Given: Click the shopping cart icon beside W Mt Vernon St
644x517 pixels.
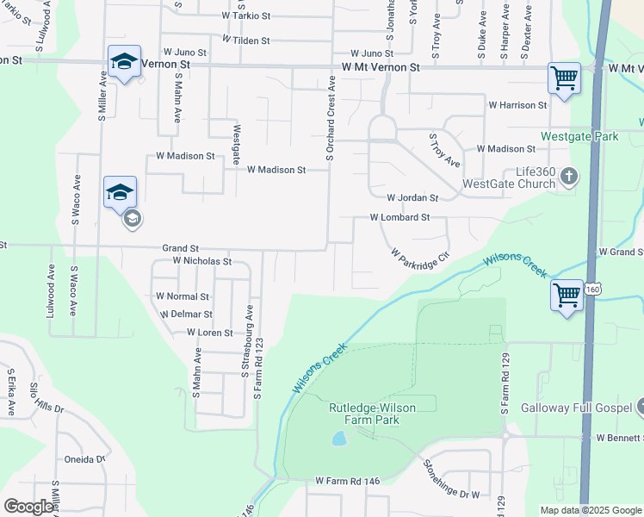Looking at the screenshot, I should pyautogui.click(x=564, y=78).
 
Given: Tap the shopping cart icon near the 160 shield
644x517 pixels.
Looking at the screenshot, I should pyautogui.click(x=567, y=296).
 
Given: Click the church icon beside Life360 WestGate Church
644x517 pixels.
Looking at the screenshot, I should pyautogui.click(x=567, y=178).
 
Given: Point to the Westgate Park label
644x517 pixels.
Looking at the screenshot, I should pyautogui.click(x=579, y=136).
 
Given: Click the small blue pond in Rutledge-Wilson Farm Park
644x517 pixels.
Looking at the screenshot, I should pyautogui.click(x=339, y=439).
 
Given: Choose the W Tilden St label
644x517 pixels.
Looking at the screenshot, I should pyautogui.click(x=246, y=40).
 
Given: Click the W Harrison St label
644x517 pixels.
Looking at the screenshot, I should pyautogui.click(x=517, y=105).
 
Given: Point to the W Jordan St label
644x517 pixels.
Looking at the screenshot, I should pyautogui.click(x=412, y=198).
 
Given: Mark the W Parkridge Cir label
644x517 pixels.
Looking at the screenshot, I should pyautogui.click(x=420, y=257).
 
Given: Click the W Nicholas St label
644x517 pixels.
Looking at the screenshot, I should pyautogui.click(x=202, y=260).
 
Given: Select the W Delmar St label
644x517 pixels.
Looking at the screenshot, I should pyautogui.click(x=186, y=315).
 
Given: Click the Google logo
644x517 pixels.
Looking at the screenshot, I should pyautogui.click(x=29, y=507).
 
